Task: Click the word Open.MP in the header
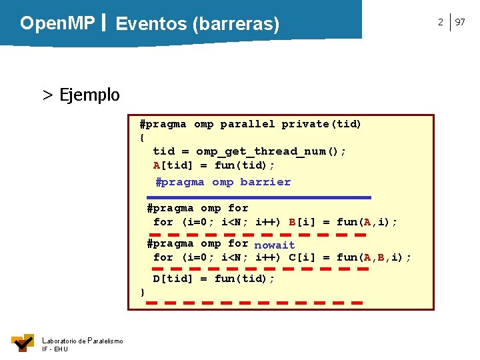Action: pos(57,23)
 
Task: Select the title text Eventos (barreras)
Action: pos(197,25)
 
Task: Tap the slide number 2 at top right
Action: pos(440,23)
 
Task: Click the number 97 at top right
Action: pos(460,23)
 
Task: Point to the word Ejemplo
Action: pos(89,95)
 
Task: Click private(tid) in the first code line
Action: pos(321,124)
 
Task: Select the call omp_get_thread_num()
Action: pos(271,151)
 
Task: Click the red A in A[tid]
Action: pos(157,165)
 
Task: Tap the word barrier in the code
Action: pos(265,182)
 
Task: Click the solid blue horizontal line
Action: pos(259,197)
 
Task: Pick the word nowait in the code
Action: pos(274,245)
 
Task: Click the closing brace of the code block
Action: pos(142,292)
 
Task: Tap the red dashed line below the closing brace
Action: pos(254,303)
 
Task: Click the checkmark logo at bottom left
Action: pos(22,343)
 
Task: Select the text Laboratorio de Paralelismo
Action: pos(82,341)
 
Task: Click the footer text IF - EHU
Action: pos(55,349)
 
